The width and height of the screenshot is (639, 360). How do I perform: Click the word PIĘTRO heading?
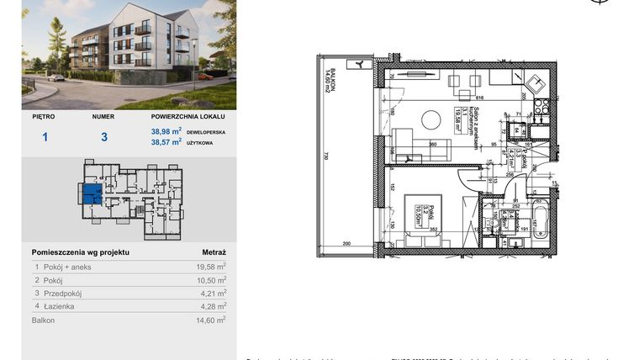pos(43,117)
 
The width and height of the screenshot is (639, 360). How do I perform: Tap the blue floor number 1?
pos(45,136)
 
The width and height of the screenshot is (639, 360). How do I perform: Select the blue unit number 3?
pos(103,136)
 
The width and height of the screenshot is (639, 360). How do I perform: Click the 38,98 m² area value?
pos(166,131)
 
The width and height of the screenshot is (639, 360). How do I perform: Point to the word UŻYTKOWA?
pos(203,143)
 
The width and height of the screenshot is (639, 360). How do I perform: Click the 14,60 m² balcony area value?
pos(210,320)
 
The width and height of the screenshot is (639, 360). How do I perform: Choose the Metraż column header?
pos(214,251)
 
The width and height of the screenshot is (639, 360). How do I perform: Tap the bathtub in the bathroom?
pos(541,221)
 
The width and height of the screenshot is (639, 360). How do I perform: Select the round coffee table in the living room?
pos(431,120)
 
